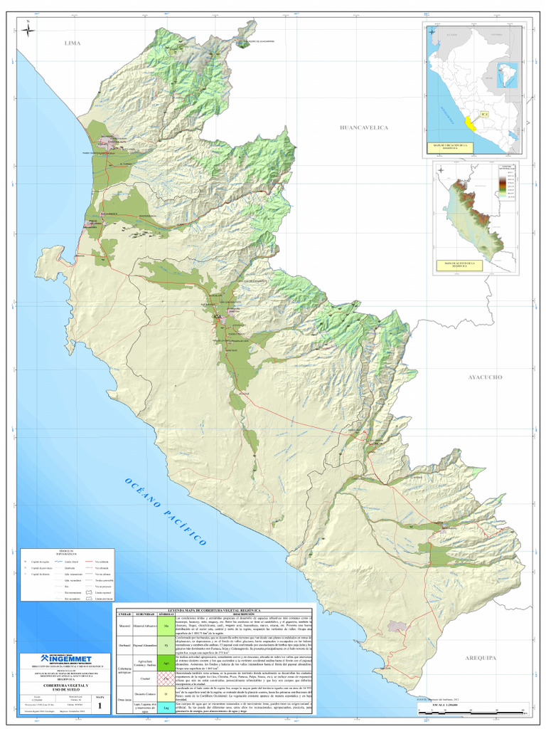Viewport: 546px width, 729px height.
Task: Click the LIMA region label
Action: tap(73, 43)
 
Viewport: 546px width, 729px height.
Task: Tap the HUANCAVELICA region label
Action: tap(364, 127)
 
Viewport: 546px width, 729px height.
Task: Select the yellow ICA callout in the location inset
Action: tap(485, 112)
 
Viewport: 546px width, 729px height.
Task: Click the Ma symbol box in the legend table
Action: tap(165, 626)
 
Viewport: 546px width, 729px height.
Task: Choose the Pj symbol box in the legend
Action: tap(165, 646)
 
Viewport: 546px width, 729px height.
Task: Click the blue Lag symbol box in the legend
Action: tap(165, 708)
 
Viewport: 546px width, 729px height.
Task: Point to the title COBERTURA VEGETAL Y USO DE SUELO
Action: tap(63, 688)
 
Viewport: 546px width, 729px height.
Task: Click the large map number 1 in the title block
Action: tap(100, 705)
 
